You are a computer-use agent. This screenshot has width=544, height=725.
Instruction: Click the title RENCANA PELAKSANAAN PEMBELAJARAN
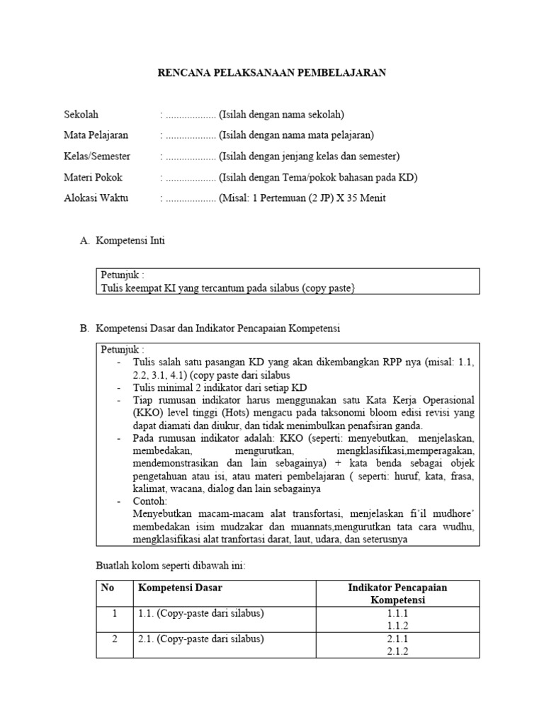tap(271, 73)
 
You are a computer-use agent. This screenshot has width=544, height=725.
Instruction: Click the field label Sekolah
tap(81, 115)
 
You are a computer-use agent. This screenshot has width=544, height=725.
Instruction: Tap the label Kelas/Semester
tap(97, 156)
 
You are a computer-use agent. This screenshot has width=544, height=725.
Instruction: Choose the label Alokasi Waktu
tap(96, 198)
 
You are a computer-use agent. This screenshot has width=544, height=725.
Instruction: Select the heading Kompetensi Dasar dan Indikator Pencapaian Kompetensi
tap(218, 329)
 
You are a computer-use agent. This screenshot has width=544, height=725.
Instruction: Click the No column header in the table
tap(108, 588)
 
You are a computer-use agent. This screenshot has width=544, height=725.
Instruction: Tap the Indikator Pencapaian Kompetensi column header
tap(397, 593)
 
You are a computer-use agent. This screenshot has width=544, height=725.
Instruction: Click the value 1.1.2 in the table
tap(397, 626)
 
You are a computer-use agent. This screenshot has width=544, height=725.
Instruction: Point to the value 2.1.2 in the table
tap(397, 651)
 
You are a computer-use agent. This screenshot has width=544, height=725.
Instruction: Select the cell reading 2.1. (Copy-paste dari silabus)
tap(200, 639)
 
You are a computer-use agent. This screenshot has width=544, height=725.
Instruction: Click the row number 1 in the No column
tap(114, 613)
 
